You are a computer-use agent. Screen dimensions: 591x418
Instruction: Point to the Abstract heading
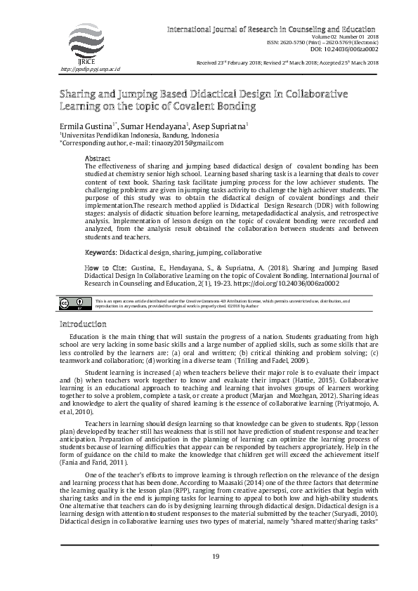pos(97,159)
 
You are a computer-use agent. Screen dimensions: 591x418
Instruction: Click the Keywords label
pos(100,251)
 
